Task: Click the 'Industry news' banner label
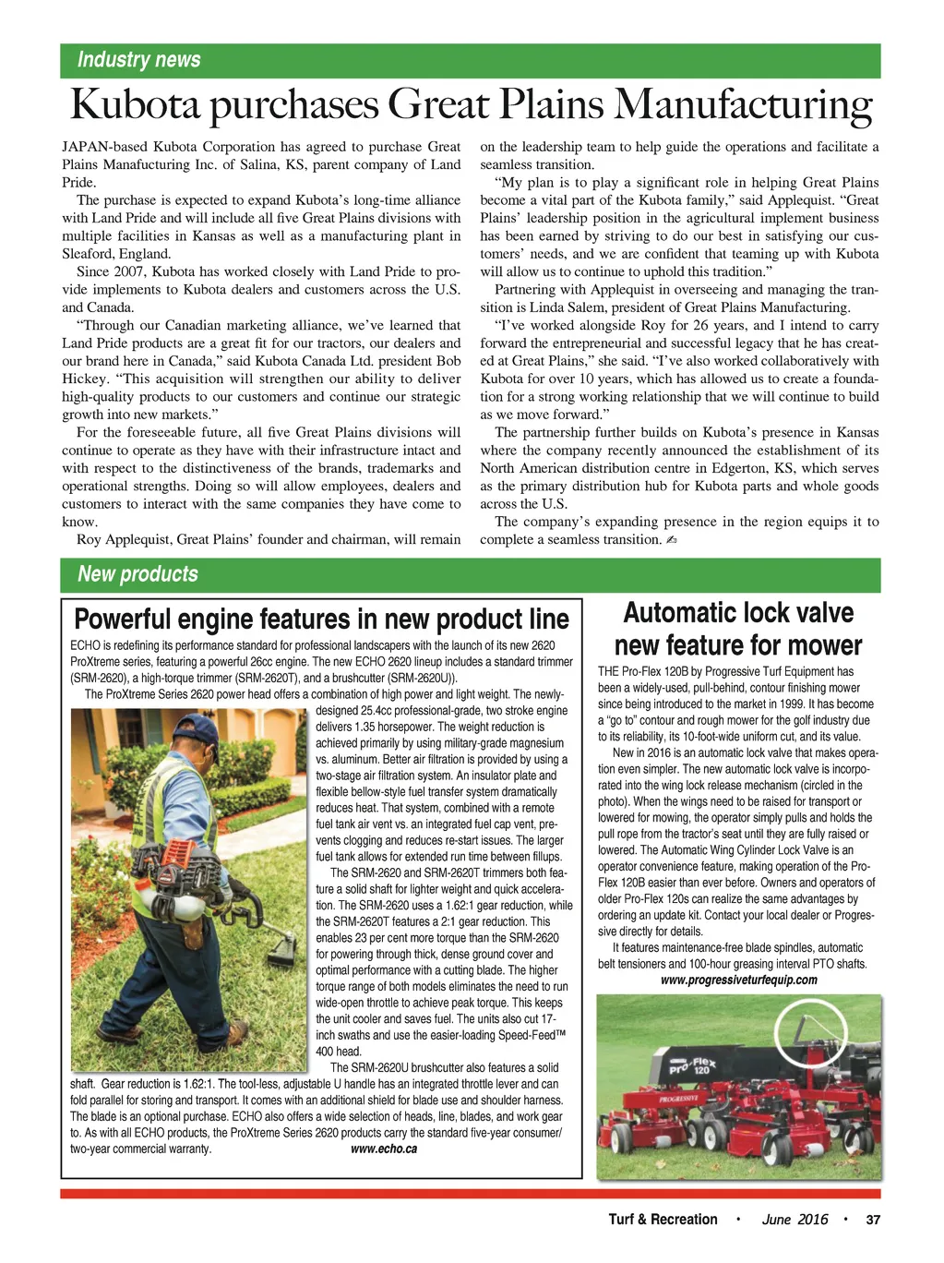[138, 60]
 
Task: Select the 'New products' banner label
[137, 574]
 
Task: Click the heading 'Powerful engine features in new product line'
[321, 619]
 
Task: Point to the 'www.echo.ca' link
[384, 1149]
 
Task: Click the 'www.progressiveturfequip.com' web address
[739, 980]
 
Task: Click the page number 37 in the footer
[873, 1220]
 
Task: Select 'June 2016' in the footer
[795, 1220]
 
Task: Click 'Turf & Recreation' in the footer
[663, 1220]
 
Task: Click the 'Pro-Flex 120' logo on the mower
[693, 1069]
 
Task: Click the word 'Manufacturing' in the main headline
[744, 104]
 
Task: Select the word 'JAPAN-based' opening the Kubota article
[103, 147]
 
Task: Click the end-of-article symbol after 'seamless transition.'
[671, 540]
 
